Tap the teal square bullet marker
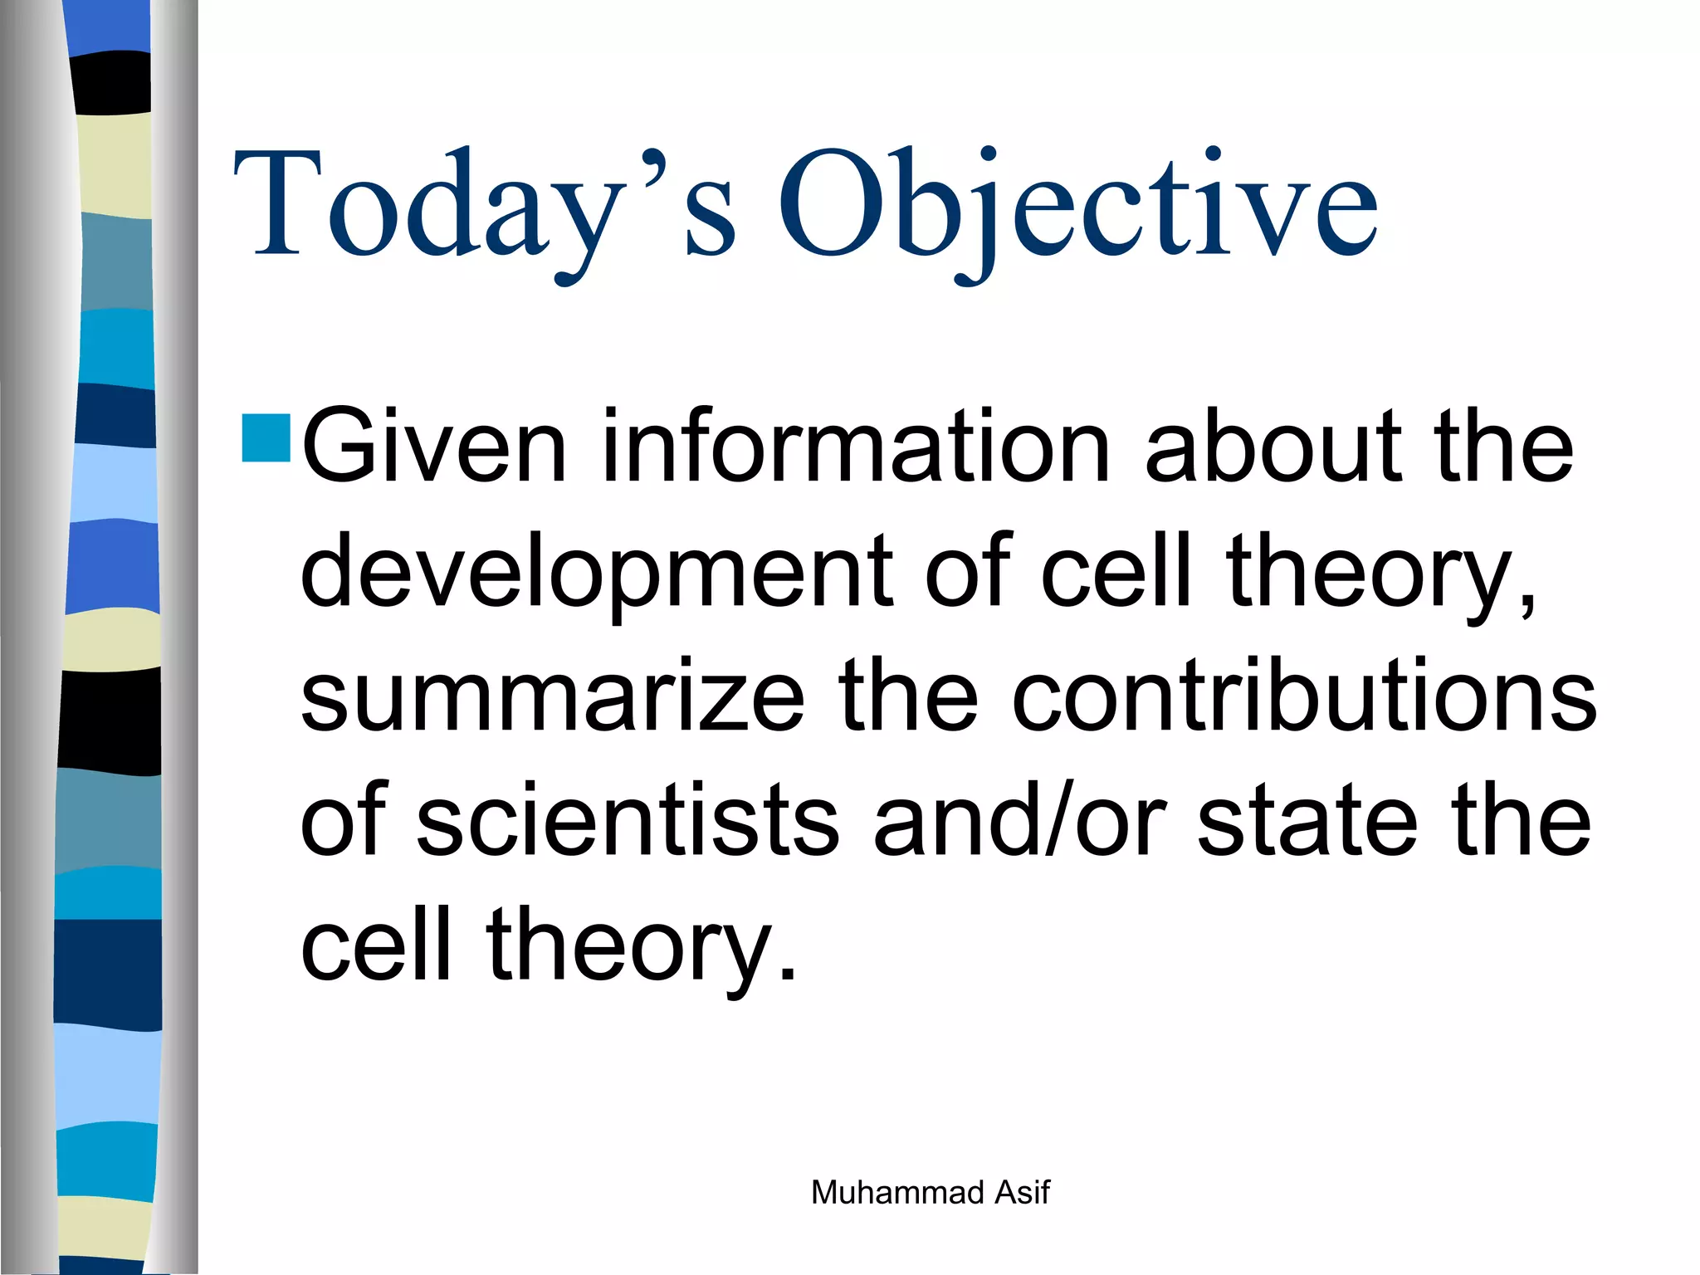pyautogui.click(x=266, y=437)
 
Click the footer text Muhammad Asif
pyautogui.click(x=930, y=1193)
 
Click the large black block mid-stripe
pyautogui.click(x=110, y=721)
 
